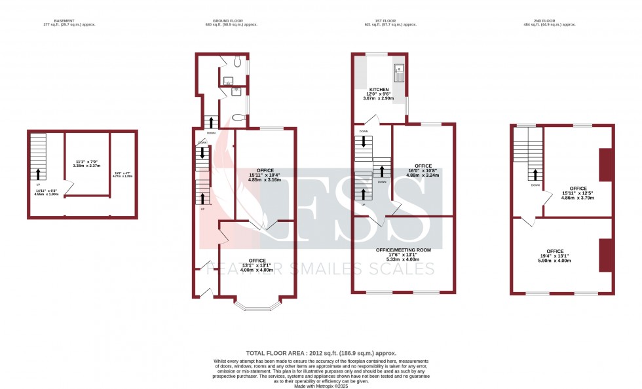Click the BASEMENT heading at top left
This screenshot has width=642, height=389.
click(x=64, y=20)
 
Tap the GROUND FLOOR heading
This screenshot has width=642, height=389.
click(x=231, y=20)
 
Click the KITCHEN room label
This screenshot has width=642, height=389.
click(x=379, y=90)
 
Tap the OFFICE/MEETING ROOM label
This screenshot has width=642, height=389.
click(x=403, y=250)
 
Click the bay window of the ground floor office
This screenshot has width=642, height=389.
click(x=258, y=304)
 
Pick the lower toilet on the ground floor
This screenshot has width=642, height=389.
click(x=238, y=118)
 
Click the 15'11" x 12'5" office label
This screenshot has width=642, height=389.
click(x=578, y=193)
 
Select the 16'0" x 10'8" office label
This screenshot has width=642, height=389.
click(x=423, y=170)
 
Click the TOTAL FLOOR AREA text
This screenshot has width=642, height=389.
click(x=320, y=353)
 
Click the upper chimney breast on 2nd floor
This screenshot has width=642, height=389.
click(x=605, y=164)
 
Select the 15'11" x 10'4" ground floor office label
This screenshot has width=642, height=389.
click(x=265, y=175)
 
